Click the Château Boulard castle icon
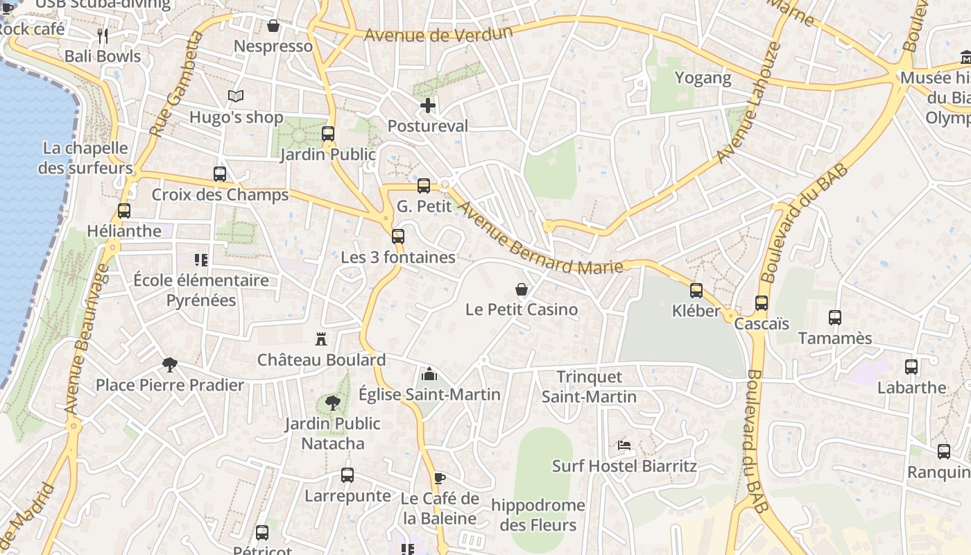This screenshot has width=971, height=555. point(320,339)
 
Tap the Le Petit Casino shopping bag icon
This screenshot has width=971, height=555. point(522,289)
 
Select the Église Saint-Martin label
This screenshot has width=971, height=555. point(429,394)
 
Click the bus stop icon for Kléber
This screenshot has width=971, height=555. point(696,291)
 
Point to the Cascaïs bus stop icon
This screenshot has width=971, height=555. point(762,303)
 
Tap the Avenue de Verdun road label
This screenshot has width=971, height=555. point(438,34)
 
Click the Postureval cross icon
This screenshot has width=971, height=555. point(428,105)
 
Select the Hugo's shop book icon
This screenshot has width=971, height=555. point(236,96)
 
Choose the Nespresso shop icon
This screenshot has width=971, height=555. point(273,26)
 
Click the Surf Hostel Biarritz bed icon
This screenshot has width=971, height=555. point(624,445)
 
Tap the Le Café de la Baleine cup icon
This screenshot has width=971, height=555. point(439,477)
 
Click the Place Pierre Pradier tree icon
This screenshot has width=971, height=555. point(169,364)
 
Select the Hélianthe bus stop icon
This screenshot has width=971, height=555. point(124,211)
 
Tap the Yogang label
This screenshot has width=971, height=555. point(703,78)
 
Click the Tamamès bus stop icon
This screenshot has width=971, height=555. point(835,318)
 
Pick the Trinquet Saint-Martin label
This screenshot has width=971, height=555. point(589,387)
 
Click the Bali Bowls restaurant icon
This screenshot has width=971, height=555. point(103,35)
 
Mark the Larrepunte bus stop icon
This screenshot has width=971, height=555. point(347,475)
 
